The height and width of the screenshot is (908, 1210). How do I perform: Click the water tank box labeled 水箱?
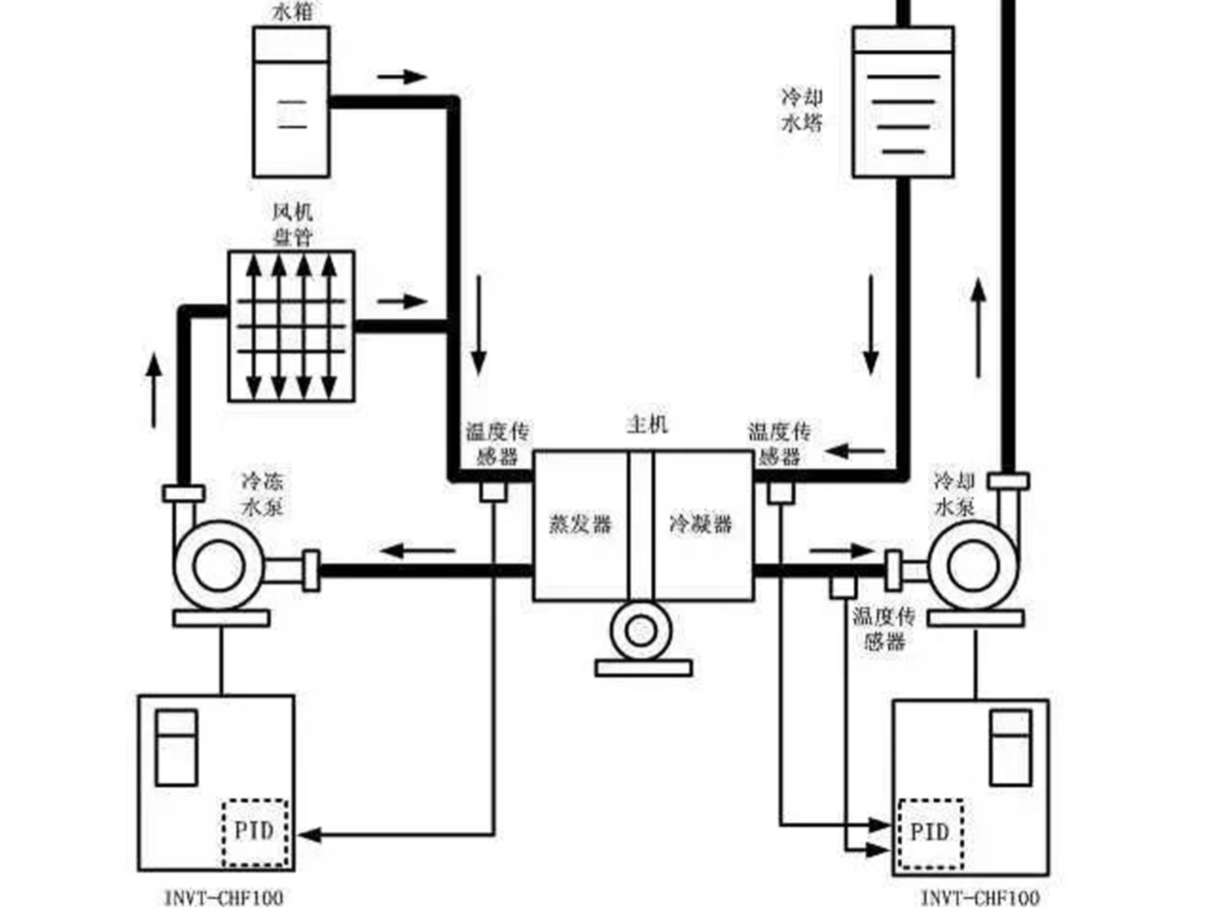click(291, 101)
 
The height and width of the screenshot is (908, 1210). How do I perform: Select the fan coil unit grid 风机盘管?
click(292, 325)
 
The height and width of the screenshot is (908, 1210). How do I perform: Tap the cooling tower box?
click(902, 103)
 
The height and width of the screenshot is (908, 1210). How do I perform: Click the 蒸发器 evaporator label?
click(580, 524)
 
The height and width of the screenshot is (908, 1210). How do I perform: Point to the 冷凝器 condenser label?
click(700, 524)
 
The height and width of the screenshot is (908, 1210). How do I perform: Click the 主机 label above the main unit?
click(647, 424)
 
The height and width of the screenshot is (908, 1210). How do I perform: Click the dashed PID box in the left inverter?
click(255, 832)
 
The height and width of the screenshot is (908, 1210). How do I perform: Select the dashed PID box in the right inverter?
click(930, 833)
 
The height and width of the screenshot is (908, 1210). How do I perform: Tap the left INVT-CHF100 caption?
click(224, 897)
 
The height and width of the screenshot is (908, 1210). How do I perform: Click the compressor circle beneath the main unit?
click(641, 631)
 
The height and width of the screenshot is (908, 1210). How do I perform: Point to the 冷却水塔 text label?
click(802, 110)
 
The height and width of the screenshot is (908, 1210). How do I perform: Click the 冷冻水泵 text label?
click(262, 494)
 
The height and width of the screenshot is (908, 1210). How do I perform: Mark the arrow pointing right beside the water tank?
click(402, 77)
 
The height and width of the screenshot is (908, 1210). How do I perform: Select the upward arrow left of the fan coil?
click(153, 391)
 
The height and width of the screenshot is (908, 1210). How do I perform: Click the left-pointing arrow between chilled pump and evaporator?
click(418, 552)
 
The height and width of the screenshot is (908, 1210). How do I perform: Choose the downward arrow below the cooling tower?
click(870, 325)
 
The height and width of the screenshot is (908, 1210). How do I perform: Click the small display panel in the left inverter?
click(177, 747)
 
